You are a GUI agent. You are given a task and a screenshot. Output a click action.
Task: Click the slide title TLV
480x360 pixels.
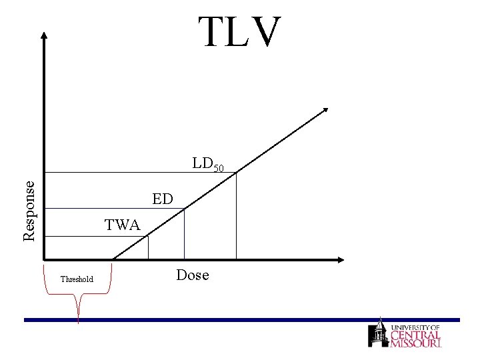[240, 31]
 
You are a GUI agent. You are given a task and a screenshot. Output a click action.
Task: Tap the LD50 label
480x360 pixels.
[208, 164]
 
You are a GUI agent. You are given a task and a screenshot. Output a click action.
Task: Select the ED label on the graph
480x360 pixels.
[162, 199]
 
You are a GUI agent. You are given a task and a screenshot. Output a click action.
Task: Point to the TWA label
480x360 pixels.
[122, 225]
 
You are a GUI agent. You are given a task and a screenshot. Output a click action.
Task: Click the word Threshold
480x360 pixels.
[77, 279]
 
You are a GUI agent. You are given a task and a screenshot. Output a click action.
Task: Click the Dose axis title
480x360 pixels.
[193, 275]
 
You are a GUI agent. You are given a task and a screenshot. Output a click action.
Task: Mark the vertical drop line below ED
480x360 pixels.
[184, 233]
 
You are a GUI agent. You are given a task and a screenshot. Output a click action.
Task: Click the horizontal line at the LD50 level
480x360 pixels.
[133, 173]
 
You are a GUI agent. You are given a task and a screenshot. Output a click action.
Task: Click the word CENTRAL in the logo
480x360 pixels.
[415, 335]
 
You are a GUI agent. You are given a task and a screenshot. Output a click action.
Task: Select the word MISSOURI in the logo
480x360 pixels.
[416, 343]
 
